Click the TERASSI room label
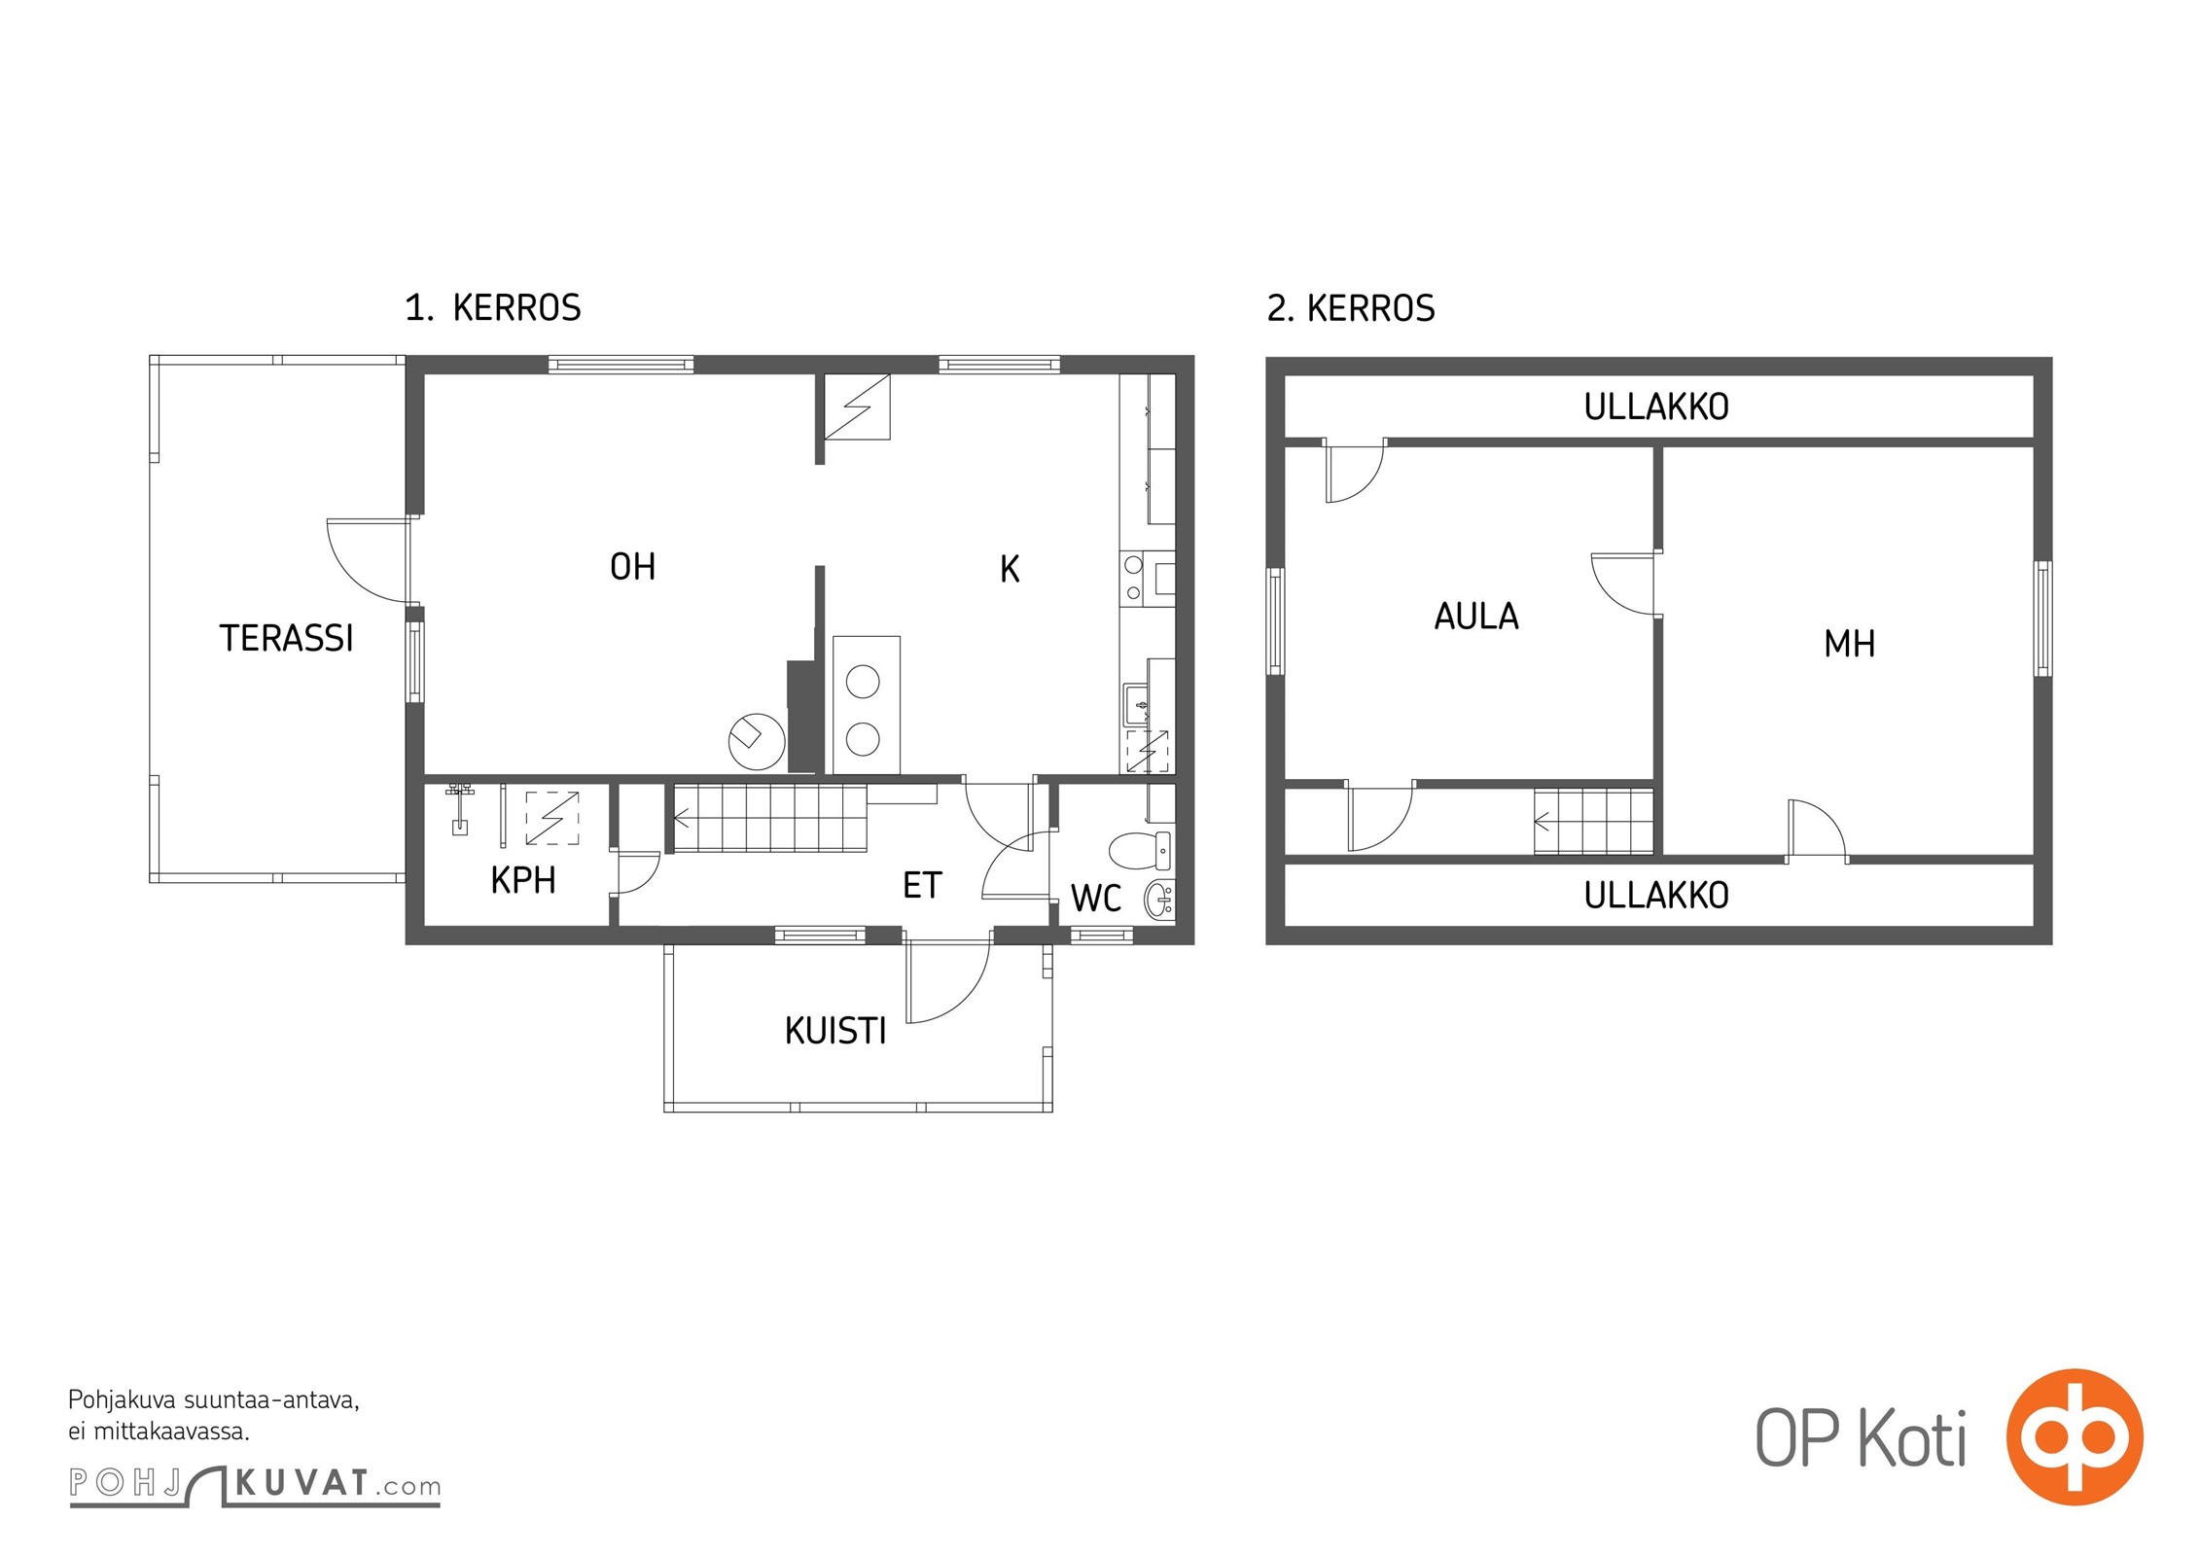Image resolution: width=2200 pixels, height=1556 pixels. pyautogui.click(x=286, y=638)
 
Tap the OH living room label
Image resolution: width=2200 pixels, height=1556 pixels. pyautogui.click(x=632, y=566)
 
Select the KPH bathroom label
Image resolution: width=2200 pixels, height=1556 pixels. pyautogui.click(x=523, y=880)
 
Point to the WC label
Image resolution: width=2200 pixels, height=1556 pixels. pyautogui.click(x=1096, y=899)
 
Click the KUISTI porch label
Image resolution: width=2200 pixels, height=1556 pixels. pyautogui.click(x=835, y=1031)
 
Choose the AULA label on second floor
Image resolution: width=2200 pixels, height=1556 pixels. pyautogui.click(x=1476, y=617)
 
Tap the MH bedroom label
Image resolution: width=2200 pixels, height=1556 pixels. pyautogui.click(x=1849, y=644)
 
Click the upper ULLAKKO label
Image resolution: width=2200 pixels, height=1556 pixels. pyautogui.click(x=1656, y=407)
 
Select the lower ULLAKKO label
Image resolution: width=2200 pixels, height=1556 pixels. pyautogui.click(x=1656, y=896)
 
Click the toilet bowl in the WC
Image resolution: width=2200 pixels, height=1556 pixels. pyautogui.click(x=1139, y=850)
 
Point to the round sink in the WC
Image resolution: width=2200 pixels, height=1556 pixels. pyautogui.click(x=1158, y=900)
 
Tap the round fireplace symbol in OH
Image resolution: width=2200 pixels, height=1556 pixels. pyautogui.click(x=757, y=742)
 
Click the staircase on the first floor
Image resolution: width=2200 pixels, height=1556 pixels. pyautogui.click(x=769, y=819)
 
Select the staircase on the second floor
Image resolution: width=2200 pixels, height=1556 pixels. pyautogui.click(x=1593, y=822)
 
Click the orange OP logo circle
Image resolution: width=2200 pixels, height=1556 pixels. pyautogui.click(x=2075, y=1436)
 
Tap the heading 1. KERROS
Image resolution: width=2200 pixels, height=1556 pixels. pyautogui.click(x=493, y=308)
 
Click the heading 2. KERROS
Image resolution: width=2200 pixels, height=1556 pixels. pyautogui.click(x=1351, y=308)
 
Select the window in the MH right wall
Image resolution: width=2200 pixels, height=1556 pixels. pyautogui.click(x=2043, y=619)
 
